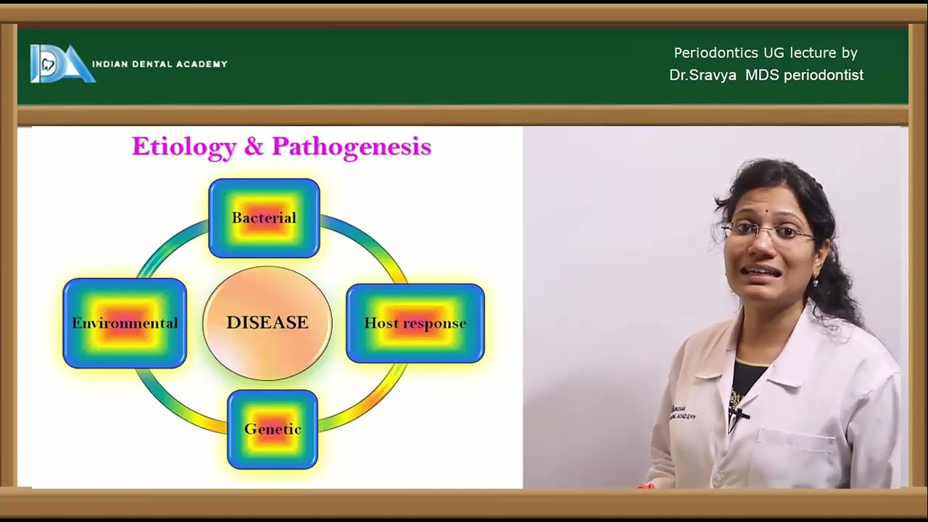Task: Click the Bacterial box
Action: click(x=264, y=217)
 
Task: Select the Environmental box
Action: click(x=125, y=323)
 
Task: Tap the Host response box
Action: click(x=415, y=323)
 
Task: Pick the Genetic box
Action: click(x=273, y=429)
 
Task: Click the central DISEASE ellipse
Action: click(x=267, y=323)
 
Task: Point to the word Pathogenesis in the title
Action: click(x=352, y=147)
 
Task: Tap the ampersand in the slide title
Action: click(x=254, y=147)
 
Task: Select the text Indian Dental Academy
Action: click(x=159, y=64)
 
